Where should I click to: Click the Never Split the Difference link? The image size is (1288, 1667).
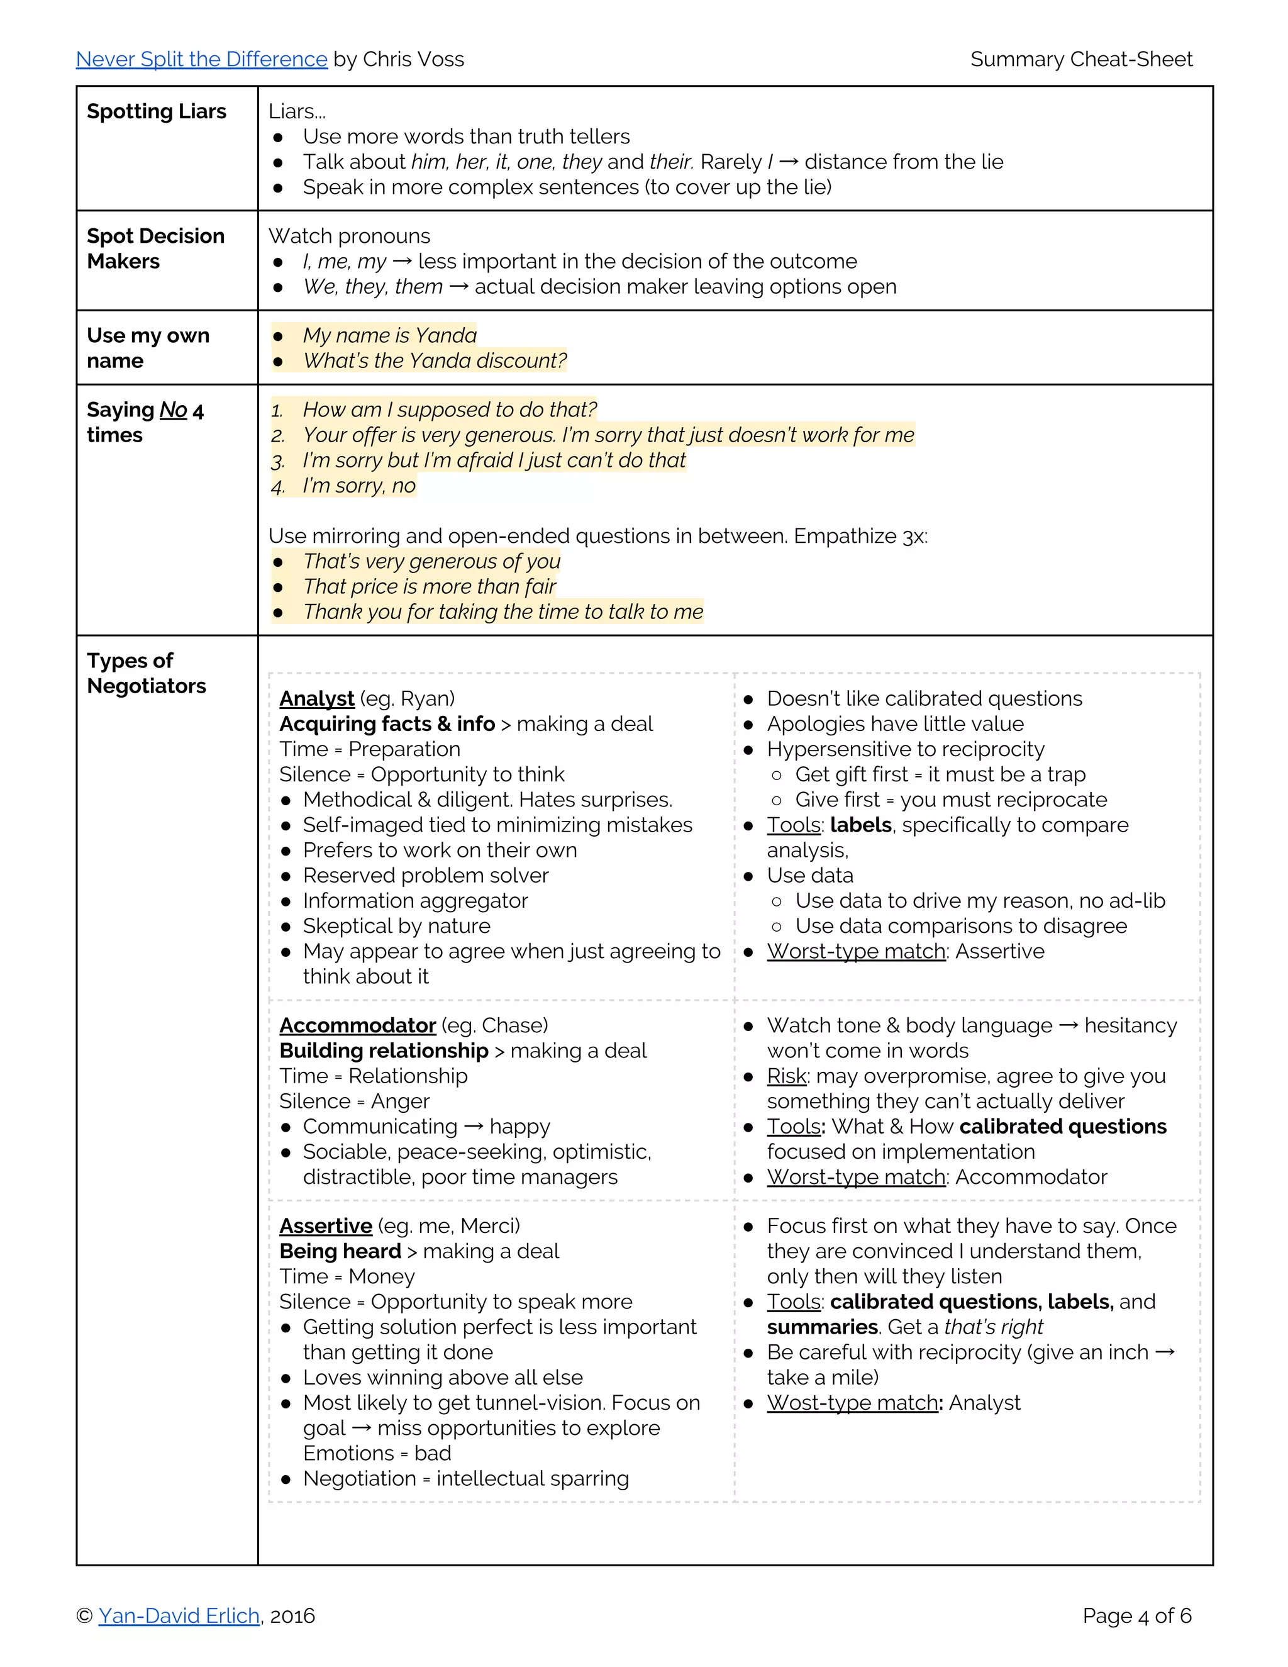pos(201,60)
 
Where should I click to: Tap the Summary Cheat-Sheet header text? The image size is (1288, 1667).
pos(1080,60)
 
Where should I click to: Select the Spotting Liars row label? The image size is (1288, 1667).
pos(157,111)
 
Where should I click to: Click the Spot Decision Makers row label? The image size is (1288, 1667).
pos(156,248)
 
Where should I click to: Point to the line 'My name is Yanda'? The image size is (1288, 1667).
pos(389,335)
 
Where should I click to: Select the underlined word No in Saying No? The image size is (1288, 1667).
pos(173,410)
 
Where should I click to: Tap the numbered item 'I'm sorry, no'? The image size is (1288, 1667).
pos(358,486)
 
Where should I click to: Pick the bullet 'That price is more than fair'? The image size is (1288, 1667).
pos(429,586)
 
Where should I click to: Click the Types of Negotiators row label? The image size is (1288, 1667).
pos(146,672)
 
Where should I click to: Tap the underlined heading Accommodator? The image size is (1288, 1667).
pos(357,1025)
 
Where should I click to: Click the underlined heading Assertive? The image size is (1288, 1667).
pos(325,1226)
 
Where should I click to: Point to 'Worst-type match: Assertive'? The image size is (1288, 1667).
pos(905,951)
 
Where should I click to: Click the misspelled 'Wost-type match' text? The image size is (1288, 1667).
pos(853,1403)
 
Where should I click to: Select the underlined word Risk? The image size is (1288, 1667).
pos(787,1076)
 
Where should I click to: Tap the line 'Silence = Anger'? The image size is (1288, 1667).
pos(354,1101)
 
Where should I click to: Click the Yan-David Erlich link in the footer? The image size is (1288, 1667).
pos(179,1616)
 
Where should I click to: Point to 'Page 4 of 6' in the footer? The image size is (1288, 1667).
pos(1136,1616)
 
